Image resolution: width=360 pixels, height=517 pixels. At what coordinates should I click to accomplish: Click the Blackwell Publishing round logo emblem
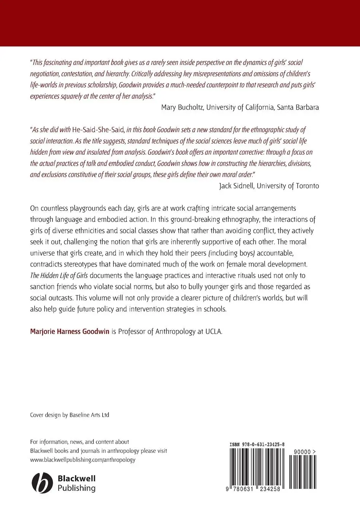coord(41,483)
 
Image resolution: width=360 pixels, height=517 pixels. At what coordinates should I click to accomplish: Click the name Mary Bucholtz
coord(182,107)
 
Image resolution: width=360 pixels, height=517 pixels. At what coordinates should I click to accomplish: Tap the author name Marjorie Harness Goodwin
coord(70,331)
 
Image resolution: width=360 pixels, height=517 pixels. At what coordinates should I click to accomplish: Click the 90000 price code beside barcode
coord(304,452)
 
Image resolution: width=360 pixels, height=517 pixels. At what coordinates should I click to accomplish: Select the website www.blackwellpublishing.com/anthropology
coord(83,460)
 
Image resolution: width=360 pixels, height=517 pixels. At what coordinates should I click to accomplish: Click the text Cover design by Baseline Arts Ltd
coord(70,415)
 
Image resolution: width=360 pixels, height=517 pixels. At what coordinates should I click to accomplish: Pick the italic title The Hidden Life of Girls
coord(56,275)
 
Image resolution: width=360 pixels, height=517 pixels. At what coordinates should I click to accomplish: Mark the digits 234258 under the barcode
coord(268,489)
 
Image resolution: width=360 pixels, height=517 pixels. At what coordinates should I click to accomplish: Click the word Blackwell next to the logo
coord(76,479)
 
